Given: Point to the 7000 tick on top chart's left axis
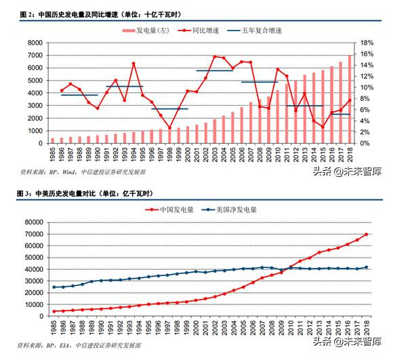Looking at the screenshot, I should [x=35, y=43].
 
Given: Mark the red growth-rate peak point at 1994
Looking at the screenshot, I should [x=133, y=64].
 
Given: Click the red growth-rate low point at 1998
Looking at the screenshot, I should [x=170, y=127].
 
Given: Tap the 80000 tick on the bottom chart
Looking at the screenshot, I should [x=33, y=222].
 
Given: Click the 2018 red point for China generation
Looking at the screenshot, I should [x=367, y=235].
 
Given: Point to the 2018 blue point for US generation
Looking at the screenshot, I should [x=367, y=267].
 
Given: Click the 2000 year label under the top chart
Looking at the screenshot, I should [x=188, y=153].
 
